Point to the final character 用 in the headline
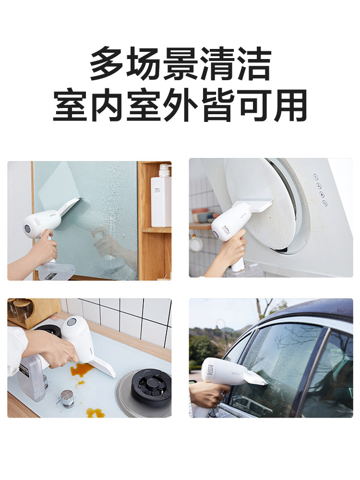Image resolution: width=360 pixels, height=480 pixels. (288, 105)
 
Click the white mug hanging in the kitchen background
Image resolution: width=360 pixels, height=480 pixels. (195, 243)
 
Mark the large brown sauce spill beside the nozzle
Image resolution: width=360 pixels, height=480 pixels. (81, 370)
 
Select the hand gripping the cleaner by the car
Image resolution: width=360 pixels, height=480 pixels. (204, 394)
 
